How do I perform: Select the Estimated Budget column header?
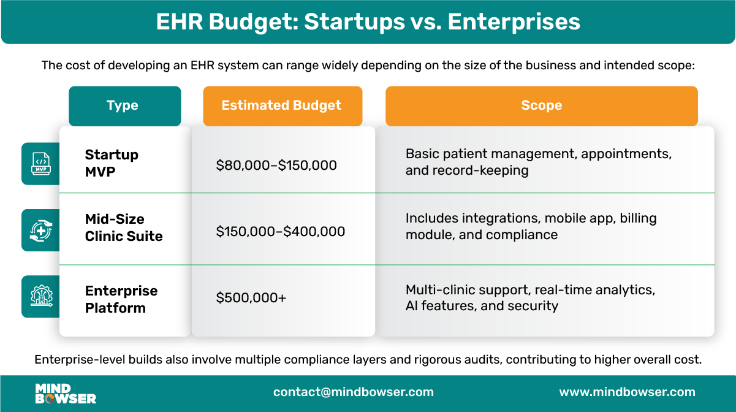(x=282, y=105)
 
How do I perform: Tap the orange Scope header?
(x=541, y=105)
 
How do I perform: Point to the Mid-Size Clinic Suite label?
(x=124, y=227)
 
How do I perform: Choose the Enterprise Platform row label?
(x=121, y=299)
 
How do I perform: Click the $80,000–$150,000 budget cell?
(x=276, y=165)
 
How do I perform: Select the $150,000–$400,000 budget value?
(x=281, y=232)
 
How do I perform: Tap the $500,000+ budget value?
(x=251, y=298)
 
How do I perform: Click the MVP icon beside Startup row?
(x=41, y=164)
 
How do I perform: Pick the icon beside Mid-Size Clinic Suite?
(x=41, y=231)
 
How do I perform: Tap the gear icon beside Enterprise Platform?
(x=41, y=297)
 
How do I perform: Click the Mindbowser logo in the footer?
(x=66, y=394)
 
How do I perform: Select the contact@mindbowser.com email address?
(x=354, y=392)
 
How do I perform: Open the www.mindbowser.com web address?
(x=627, y=392)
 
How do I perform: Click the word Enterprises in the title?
(x=514, y=21)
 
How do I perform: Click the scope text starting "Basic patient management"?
(x=539, y=162)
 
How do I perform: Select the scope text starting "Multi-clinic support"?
(x=530, y=297)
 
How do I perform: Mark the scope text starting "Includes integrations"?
(x=531, y=226)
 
